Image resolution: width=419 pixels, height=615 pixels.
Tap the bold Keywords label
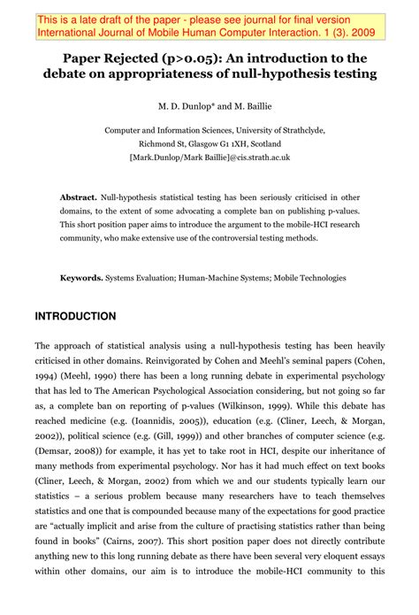tap(80, 277)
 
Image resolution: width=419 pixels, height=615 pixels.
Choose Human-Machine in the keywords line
tap(208, 277)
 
